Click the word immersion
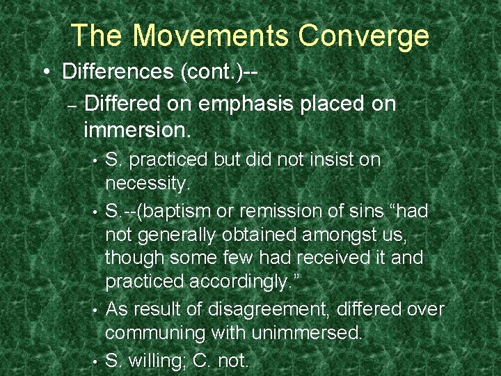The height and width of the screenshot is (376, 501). [x=136, y=129]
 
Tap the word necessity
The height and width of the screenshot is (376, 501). [x=146, y=184]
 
